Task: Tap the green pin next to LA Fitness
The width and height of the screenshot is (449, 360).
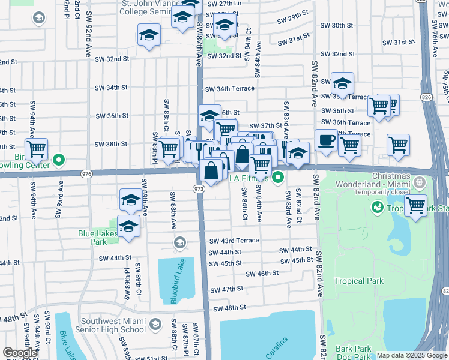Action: [278, 178]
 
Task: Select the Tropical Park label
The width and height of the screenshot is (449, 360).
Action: [358, 281]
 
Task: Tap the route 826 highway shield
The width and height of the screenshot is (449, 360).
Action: [426, 97]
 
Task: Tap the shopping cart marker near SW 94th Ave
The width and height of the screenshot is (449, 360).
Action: [37, 148]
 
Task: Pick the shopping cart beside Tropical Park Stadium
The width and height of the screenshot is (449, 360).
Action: [415, 206]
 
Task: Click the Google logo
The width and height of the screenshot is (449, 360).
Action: [20, 353]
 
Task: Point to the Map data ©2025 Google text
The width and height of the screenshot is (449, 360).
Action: [412, 355]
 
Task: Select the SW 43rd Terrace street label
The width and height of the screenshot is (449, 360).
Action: [234, 241]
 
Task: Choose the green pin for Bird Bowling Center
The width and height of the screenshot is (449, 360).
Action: [58, 160]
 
